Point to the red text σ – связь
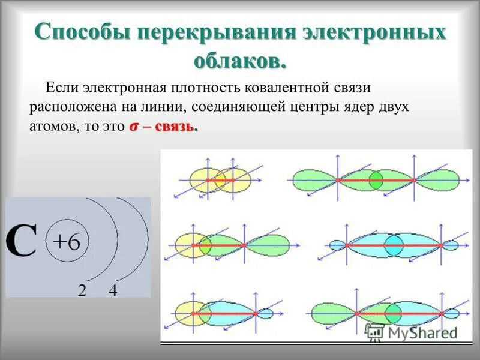click(163, 127)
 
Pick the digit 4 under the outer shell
click(113, 290)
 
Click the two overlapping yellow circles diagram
click(220, 179)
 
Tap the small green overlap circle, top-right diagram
click(376, 179)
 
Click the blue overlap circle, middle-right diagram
click(394, 245)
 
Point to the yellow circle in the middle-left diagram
click(191, 245)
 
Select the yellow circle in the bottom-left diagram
click(191, 313)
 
